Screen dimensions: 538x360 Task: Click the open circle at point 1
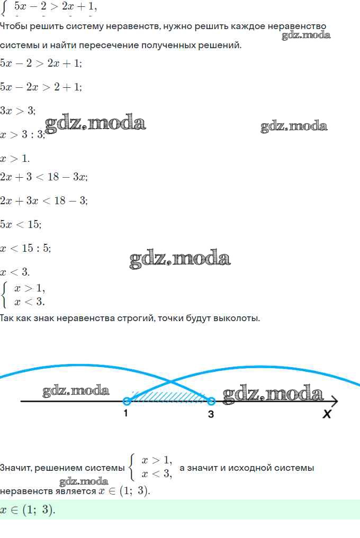(127, 402)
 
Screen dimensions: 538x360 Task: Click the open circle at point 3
(211, 402)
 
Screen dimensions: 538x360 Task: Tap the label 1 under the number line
(125, 414)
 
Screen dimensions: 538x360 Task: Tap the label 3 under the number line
(211, 414)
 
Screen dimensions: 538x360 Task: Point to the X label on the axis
(327, 414)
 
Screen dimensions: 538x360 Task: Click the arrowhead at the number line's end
(335, 402)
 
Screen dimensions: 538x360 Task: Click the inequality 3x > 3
(17, 111)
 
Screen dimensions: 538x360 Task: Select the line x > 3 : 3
(22, 134)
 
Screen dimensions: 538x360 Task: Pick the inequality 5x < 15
(20, 224)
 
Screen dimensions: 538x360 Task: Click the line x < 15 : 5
(25, 248)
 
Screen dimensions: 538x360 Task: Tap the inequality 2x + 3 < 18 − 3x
(43, 177)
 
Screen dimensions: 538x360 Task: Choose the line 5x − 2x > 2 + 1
(41, 87)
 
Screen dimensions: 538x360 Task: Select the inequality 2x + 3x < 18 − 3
(43, 200)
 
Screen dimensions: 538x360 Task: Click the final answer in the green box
(28, 510)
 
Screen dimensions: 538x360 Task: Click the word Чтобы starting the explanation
(13, 26)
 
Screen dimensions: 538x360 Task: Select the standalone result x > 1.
(15, 158)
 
